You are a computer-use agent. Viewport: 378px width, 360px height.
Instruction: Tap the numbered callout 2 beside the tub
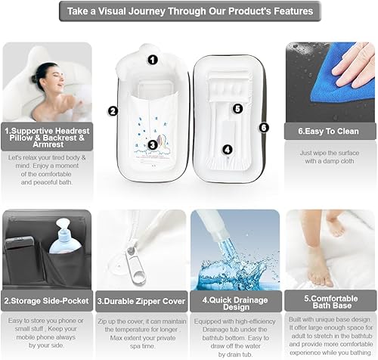pyautogui.click(x=112, y=110)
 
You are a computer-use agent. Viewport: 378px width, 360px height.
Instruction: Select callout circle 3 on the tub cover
pyautogui.click(x=152, y=144)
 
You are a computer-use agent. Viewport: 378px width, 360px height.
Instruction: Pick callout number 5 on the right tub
pyautogui.click(x=237, y=108)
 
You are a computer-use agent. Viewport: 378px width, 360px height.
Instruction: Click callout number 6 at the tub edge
pyautogui.click(x=263, y=128)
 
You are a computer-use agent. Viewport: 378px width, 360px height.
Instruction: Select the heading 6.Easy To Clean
pyautogui.click(x=327, y=130)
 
